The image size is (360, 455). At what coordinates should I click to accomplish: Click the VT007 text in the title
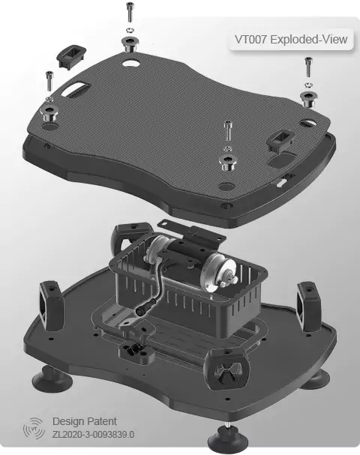(250, 39)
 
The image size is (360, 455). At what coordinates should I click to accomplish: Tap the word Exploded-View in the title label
(308, 39)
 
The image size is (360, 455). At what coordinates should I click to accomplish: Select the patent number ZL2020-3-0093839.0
(93, 435)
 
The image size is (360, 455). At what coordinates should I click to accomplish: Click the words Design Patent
(85, 421)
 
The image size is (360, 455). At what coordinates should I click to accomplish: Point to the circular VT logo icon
(34, 428)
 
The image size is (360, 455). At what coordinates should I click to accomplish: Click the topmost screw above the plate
(130, 12)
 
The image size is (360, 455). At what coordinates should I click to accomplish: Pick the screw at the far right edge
(308, 67)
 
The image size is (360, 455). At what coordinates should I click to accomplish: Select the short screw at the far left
(49, 80)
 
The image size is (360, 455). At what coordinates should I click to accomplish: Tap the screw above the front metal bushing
(227, 131)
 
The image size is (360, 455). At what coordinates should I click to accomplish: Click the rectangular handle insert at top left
(71, 56)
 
